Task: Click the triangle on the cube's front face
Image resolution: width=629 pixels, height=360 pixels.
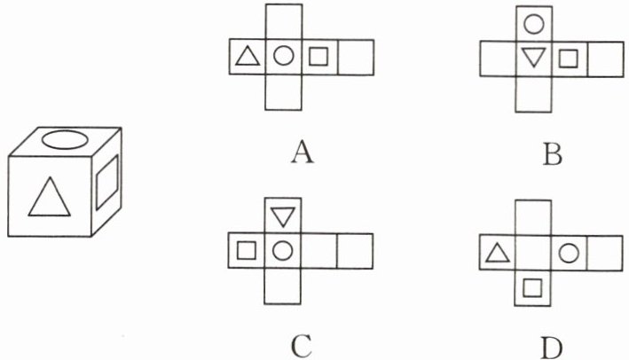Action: (48, 197)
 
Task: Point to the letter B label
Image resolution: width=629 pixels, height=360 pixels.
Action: (553, 155)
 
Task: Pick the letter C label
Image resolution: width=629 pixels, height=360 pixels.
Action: (302, 345)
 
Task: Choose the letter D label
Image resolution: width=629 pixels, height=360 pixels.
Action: (553, 345)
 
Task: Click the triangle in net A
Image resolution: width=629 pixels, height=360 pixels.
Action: (247, 59)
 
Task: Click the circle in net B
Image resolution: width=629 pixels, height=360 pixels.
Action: (533, 23)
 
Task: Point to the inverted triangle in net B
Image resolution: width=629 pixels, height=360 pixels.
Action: (532, 59)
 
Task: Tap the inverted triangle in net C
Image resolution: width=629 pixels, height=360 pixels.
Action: (283, 215)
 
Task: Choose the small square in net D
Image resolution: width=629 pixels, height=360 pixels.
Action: (533, 287)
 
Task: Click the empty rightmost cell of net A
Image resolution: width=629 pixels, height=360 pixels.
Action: (356, 58)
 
